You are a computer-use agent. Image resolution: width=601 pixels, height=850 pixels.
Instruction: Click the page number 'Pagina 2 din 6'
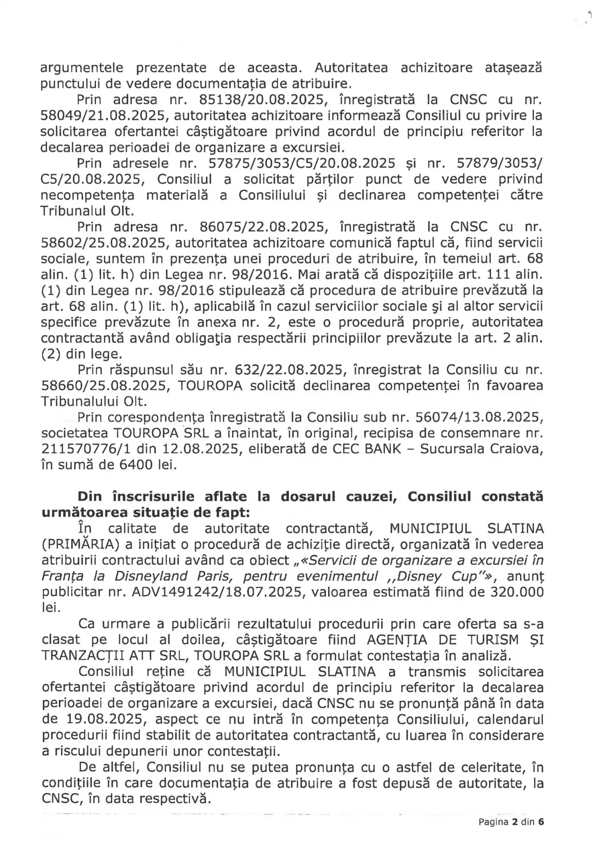point(511,822)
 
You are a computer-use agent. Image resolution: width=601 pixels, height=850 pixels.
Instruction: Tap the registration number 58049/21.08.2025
point(105,116)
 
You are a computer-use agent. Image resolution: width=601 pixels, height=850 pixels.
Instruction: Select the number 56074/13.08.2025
point(475,417)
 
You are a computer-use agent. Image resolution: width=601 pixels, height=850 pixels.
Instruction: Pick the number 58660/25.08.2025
point(105,386)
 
